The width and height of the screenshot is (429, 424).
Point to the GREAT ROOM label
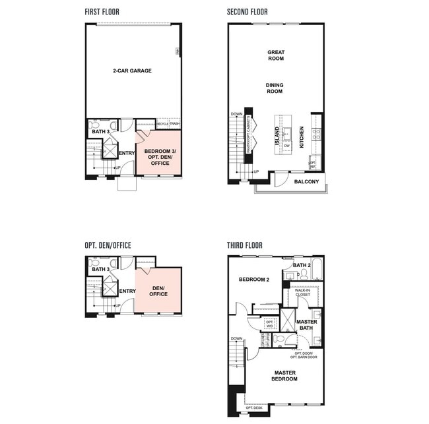coord(275,55)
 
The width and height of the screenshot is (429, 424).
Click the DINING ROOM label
coord(275,88)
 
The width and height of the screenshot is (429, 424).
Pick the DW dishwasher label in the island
coord(286,146)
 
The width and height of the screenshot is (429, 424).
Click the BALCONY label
coord(306,181)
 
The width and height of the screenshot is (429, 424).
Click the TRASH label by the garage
coord(174,124)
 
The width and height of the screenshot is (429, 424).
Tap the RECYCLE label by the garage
coord(162,124)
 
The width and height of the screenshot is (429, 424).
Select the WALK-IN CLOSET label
coord(302,292)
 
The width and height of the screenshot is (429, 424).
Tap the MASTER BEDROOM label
coord(284,377)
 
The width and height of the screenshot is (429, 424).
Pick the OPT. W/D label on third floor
coord(269,324)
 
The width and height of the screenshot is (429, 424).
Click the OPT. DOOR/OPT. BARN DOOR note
coord(304,355)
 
